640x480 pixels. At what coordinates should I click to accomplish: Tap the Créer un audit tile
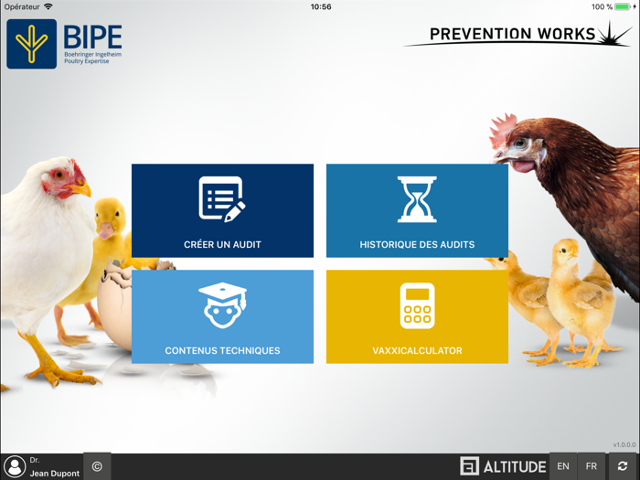(x=222, y=210)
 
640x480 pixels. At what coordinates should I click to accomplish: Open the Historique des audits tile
(x=417, y=210)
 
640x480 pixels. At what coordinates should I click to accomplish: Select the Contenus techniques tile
(x=222, y=316)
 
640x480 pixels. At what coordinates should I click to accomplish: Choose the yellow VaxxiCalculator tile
(x=417, y=316)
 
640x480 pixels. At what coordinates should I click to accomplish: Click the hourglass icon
(x=417, y=199)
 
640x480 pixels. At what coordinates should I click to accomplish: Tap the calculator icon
(x=417, y=305)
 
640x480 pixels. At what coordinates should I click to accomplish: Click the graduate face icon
(x=222, y=305)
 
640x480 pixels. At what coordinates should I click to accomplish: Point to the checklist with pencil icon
(x=222, y=198)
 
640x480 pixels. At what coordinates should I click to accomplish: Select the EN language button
(x=563, y=466)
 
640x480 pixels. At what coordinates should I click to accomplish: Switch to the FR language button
(x=592, y=466)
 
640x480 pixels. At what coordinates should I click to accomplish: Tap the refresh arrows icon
(x=623, y=466)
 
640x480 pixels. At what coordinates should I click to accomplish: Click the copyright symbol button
(x=97, y=466)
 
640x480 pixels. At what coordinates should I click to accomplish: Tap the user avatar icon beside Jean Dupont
(x=14, y=466)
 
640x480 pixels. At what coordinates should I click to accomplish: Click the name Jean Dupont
(x=54, y=473)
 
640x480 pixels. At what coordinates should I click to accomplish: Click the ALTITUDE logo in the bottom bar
(x=503, y=466)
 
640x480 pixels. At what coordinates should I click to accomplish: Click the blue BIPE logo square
(x=31, y=44)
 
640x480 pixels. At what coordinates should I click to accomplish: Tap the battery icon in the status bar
(x=622, y=6)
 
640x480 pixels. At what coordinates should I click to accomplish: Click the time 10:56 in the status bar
(x=321, y=6)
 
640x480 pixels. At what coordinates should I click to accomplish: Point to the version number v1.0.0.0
(x=624, y=445)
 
